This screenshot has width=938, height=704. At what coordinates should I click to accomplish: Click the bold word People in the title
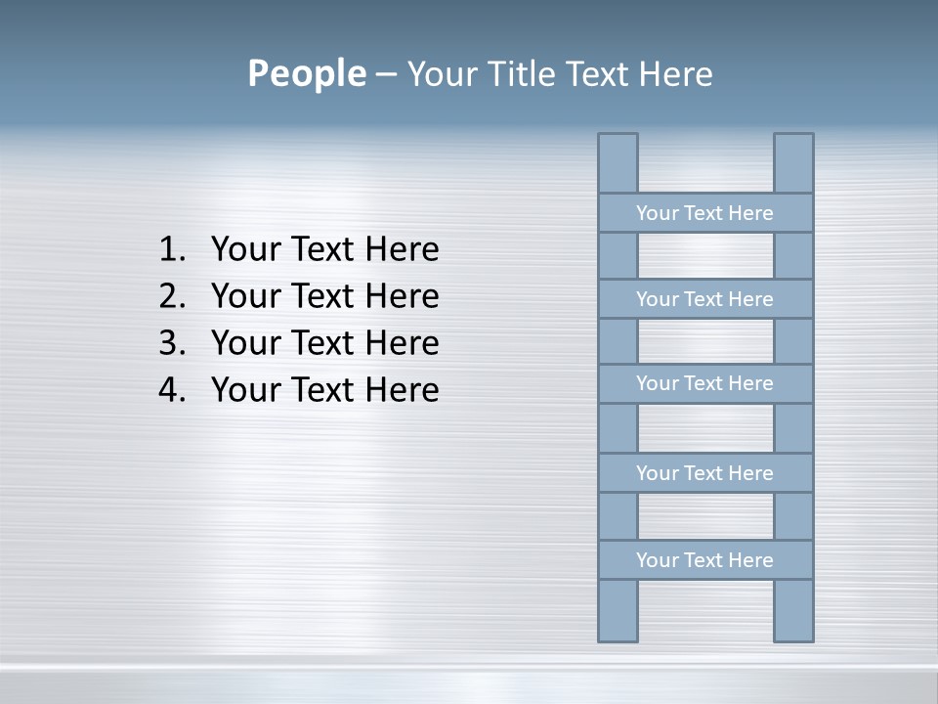306,73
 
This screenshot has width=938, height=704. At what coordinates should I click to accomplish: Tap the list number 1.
171,249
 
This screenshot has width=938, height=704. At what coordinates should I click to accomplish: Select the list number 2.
171,296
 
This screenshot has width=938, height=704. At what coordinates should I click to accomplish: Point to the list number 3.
171,343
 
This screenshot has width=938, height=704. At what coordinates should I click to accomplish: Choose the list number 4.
171,390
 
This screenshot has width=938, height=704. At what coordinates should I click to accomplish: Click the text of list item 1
324,249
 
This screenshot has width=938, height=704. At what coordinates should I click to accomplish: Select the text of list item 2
324,296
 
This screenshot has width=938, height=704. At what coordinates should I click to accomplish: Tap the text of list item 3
324,343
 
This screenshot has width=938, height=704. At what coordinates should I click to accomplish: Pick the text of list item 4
324,390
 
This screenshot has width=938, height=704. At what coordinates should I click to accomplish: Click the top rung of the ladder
704,213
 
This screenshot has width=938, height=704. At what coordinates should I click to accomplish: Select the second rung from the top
704,299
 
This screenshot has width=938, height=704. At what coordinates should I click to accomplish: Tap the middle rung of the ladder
704,383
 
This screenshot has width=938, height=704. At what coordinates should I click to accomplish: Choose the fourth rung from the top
704,473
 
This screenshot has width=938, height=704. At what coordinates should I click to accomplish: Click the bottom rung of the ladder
704,560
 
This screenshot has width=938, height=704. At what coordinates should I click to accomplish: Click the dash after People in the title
385,74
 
